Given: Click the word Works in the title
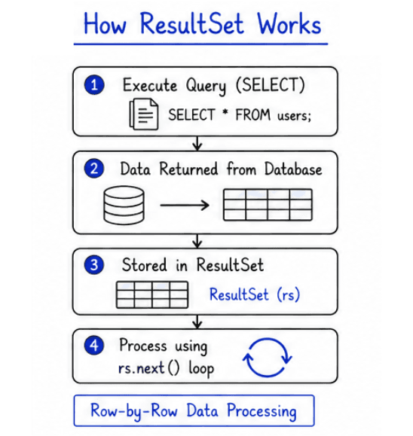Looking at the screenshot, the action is coord(289,23).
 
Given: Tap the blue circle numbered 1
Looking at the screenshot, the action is coord(94,85).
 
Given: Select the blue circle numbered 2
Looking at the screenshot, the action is coord(94,169).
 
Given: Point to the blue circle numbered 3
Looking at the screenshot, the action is coord(94,264).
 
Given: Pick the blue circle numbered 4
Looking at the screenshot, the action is coord(94,345).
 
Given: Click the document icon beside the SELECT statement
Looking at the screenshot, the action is coord(144,114).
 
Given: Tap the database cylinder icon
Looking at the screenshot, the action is coord(124,206).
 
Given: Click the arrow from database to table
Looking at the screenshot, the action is coord(185,206).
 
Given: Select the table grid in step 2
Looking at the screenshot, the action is coord(268,205).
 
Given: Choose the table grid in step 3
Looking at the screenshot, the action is coord(152,294).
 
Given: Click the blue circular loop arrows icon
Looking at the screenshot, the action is coord(268,357).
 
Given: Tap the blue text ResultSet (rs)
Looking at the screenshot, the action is coord(255,294).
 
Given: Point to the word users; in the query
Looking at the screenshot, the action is coord(294,115).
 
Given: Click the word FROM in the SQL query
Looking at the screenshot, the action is coord(253,114).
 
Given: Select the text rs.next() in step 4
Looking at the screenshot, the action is coord(149,369).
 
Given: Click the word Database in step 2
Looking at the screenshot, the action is coord(293,169).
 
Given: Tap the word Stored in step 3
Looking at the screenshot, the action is coord(145,264).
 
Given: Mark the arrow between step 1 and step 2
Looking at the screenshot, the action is coord(197,143).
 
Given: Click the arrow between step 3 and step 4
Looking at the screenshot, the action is coord(197,322).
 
